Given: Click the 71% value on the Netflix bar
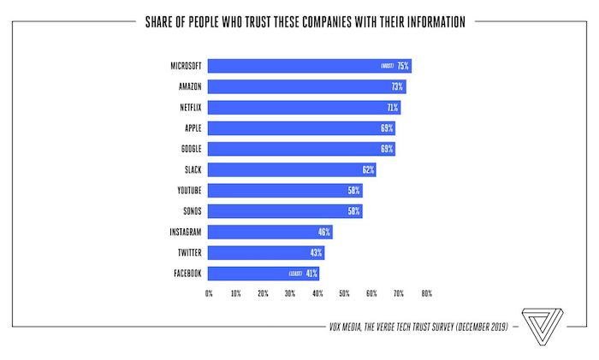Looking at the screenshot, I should pyautogui.click(x=392, y=108).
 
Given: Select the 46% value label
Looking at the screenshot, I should pyautogui.click(x=324, y=232).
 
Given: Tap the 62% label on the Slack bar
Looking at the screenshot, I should pyautogui.click(x=368, y=169).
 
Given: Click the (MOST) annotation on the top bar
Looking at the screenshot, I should pyautogui.click(x=386, y=66).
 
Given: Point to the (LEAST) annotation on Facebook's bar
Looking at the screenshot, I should pyautogui.click(x=295, y=274).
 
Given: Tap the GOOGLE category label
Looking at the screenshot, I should pyautogui.click(x=187, y=149).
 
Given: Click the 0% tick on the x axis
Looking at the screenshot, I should pyautogui.click(x=209, y=293).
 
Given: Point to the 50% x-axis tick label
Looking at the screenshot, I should pyautogui.click(x=345, y=293).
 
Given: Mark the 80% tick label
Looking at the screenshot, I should pyautogui.click(x=426, y=293).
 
